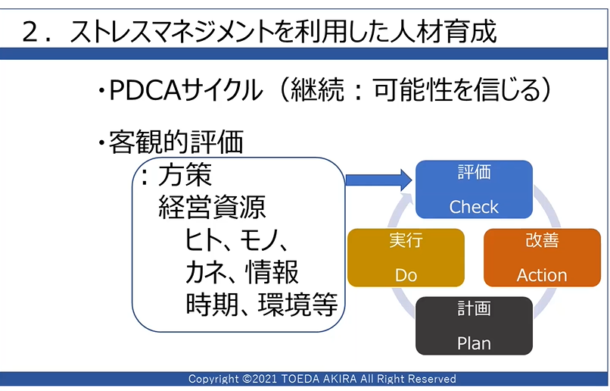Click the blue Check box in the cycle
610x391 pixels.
coord(474,189)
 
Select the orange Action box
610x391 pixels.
coord(542,258)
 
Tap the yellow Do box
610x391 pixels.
coord(406,258)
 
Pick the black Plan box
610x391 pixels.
coord(474,326)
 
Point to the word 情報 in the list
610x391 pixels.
coord(272,271)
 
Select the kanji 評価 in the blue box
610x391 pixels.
coord(474,173)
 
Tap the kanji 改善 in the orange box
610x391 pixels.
coord(542,240)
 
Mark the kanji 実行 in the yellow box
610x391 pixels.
coord(406,240)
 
